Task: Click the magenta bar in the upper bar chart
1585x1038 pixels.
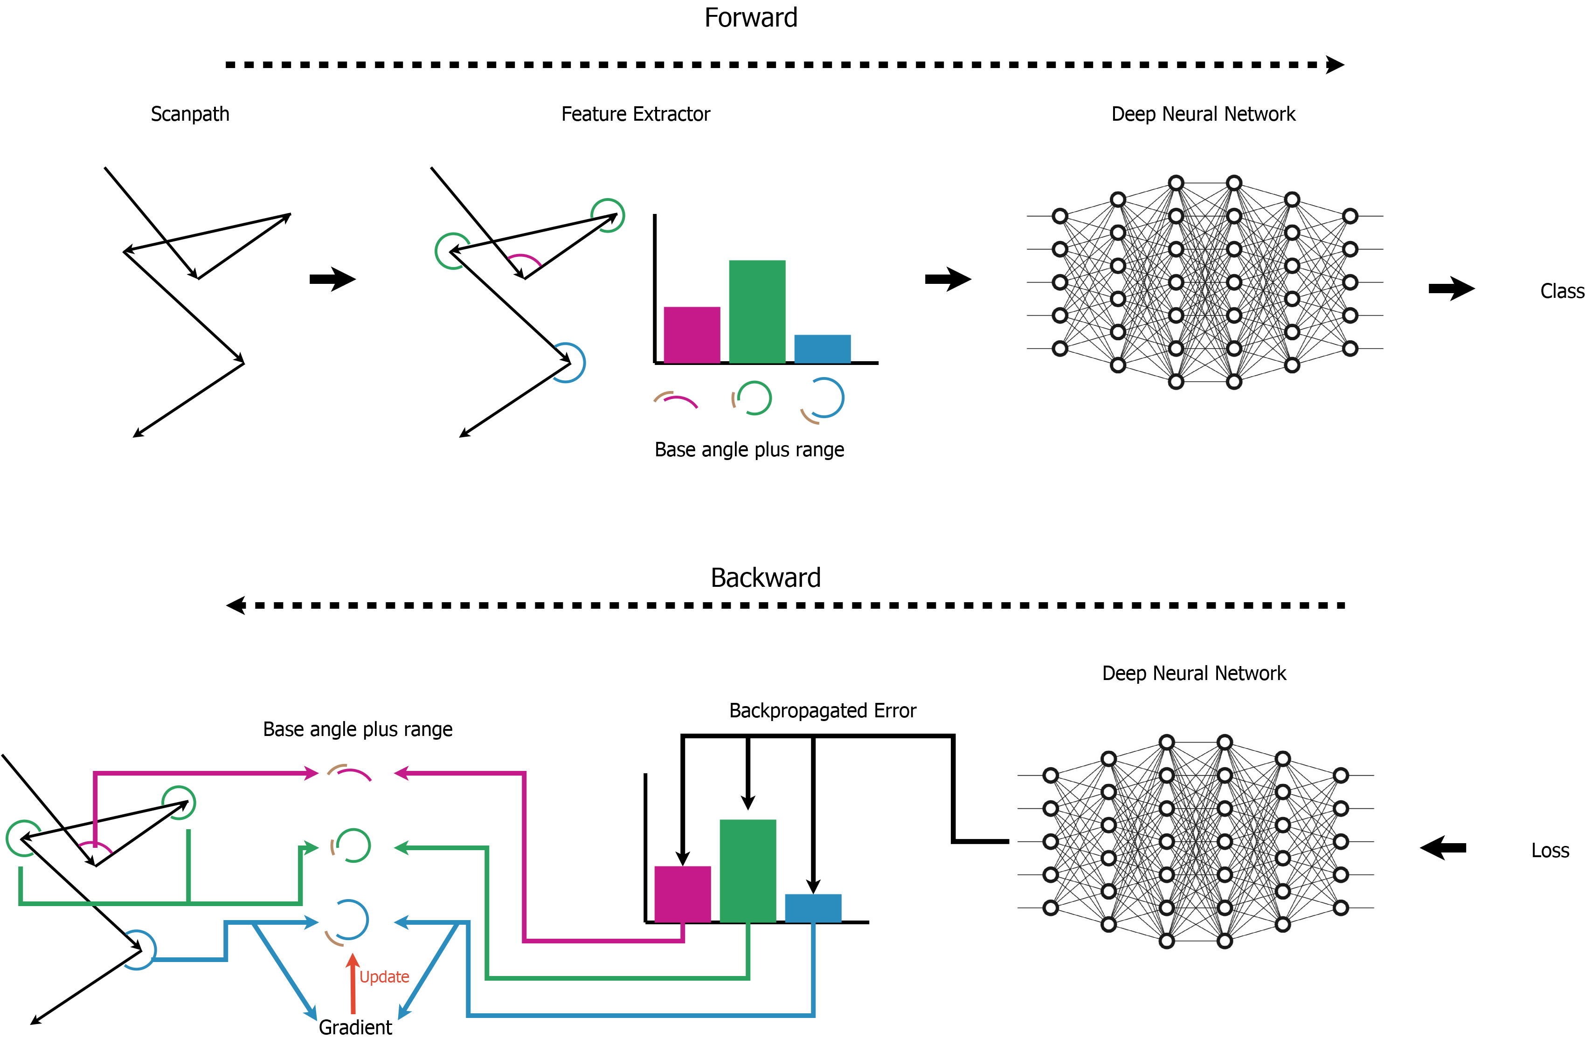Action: (x=691, y=335)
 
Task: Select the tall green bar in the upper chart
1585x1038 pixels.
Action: (x=756, y=312)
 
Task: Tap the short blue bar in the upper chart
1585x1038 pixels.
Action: (x=822, y=349)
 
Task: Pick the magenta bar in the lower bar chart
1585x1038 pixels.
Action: (x=682, y=894)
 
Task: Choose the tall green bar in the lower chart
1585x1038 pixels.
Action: (x=747, y=871)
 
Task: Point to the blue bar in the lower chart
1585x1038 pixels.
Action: (x=812, y=908)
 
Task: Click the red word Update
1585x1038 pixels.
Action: (x=384, y=977)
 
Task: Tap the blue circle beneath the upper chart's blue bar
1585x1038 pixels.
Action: (x=826, y=398)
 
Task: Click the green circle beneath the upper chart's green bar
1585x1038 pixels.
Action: (x=754, y=398)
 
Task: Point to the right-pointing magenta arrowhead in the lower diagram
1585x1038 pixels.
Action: (x=311, y=773)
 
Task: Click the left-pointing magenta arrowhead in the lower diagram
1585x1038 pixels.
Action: (x=401, y=773)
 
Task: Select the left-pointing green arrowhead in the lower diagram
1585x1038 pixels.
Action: (x=401, y=847)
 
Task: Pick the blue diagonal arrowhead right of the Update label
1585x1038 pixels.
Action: (x=403, y=1013)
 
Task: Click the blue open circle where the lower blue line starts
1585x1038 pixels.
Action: (x=138, y=949)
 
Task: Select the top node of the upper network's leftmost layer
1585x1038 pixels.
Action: (x=1059, y=216)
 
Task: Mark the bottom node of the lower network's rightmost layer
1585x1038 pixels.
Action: (x=1341, y=907)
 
